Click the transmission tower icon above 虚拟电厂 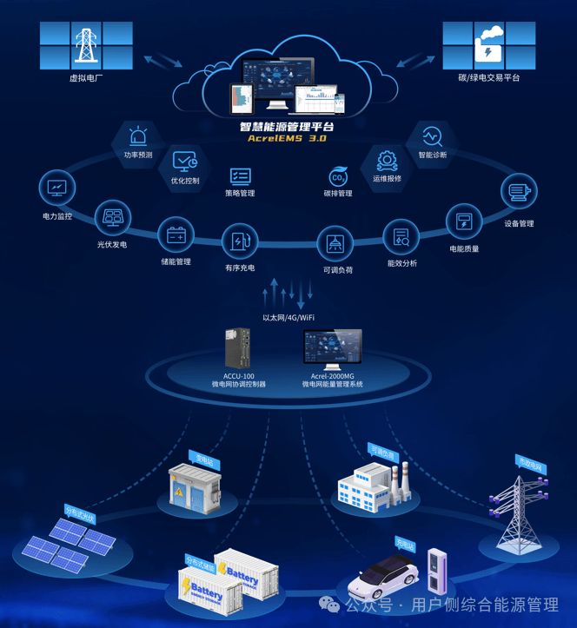[x=87, y=45]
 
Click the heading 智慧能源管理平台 [x=287, y=126]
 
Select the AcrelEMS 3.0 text [x=287, y=138]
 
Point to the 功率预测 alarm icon [x=138, y=136]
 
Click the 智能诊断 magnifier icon [x=432, y=136]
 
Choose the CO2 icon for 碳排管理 [x=338, y=176]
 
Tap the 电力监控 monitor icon [x=57, y=187]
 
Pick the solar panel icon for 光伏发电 [x=112, y=216]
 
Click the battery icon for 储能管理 [x=176, y=235]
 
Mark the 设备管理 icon [x=519, y=193]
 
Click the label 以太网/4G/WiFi [x=288, y=318]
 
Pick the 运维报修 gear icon [x=387, y=160]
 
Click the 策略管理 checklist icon [x=240, y=176]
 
